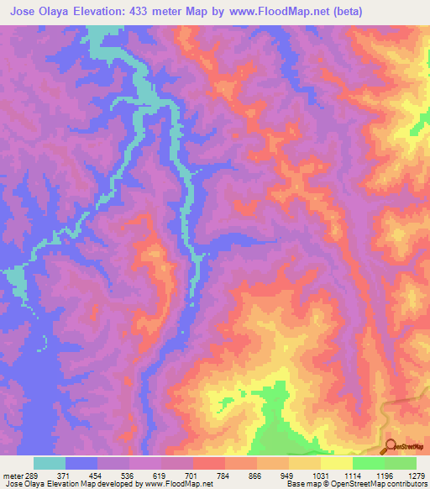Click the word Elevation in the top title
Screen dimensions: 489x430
(x=105, y=11)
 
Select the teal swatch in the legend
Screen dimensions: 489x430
(x=49, y=463)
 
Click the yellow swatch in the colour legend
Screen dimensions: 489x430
(x=336, y=463)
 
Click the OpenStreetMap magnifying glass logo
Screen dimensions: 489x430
(x=391, y=446)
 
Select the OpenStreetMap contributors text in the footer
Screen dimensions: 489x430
(x=386, y=485)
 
